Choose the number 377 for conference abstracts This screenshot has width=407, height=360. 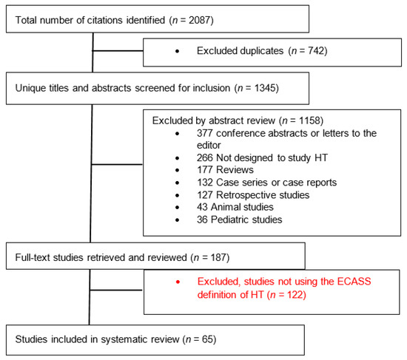[x=206, y=133]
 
